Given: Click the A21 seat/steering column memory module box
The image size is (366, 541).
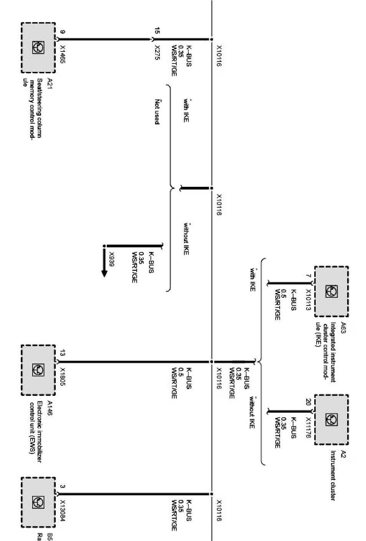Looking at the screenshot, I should pyautogui.click(x=38, y=48).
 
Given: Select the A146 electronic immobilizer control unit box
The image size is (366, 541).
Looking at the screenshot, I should pyautogui.click(x=38, y=370).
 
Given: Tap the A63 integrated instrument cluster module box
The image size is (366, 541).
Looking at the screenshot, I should pyautogui.click(x=331, y=291).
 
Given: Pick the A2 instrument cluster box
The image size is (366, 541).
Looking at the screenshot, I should pyautogui.click(x=331, y=419).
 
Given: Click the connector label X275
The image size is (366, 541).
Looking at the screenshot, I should pyautogui.click(x=157, y=54).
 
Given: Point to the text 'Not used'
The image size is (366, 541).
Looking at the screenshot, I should pyautogui.click(x=157, y=111).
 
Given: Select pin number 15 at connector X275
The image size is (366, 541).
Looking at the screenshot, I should pyautogui.click(x=157, y=31).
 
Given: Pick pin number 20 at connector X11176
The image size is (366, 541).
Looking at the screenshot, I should pyautogui.click(x=308, y=402).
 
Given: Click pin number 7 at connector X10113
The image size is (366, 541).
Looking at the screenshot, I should pyautogui.click(x=308, y=276).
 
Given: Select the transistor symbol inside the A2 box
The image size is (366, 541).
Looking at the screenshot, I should pyautogui.click(x=331, y=419).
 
